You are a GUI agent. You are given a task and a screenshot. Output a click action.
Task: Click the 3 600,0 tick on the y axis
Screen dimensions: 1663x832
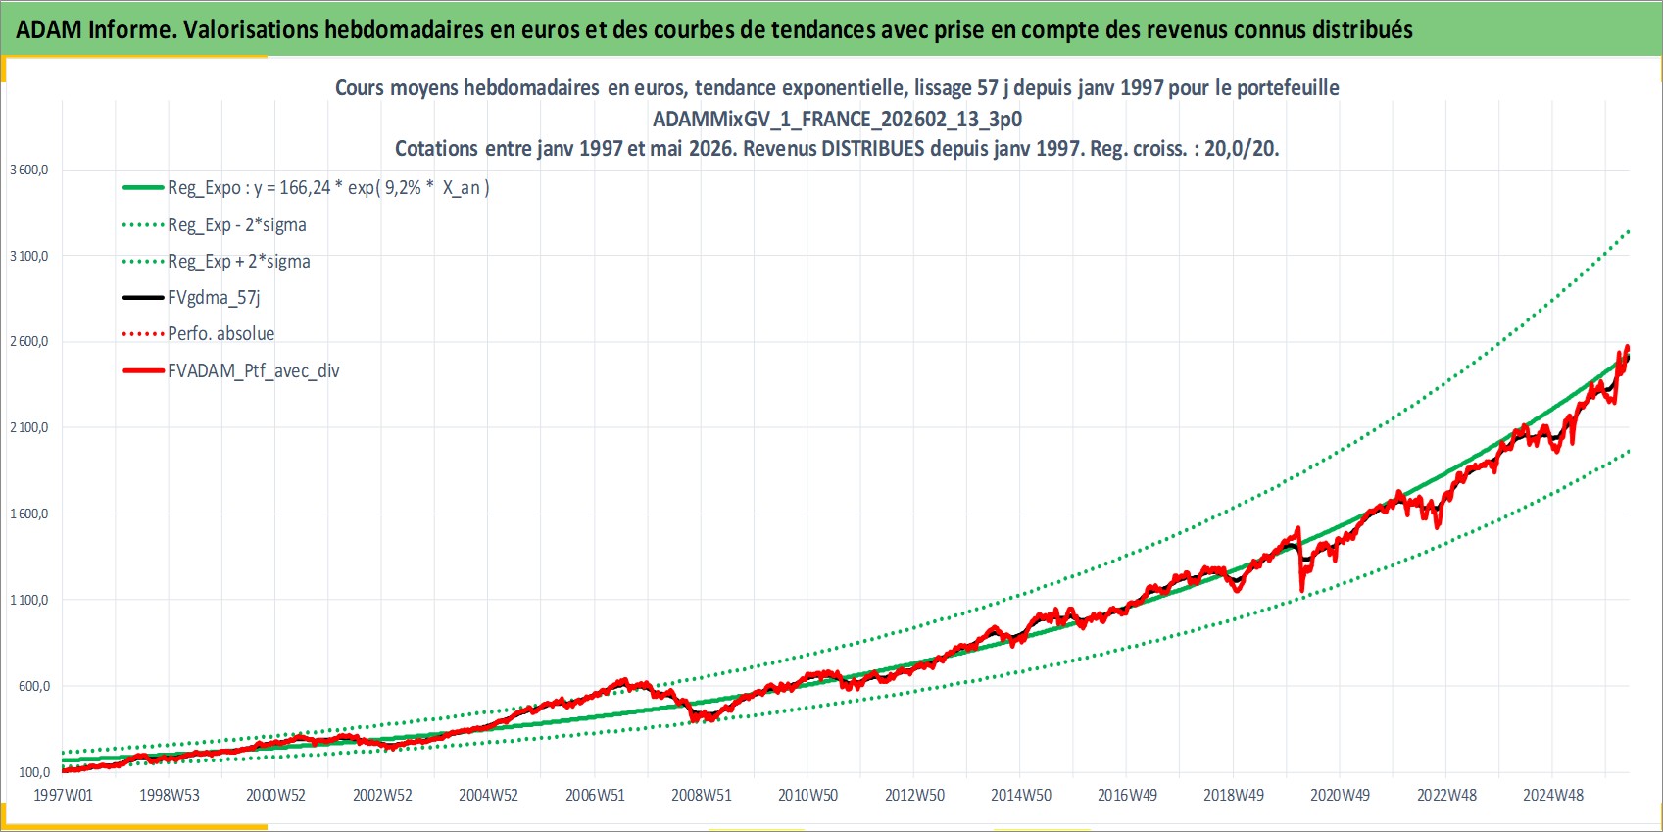coord(29,170)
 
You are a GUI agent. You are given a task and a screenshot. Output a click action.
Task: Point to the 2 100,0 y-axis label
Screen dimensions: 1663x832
coord(29,427)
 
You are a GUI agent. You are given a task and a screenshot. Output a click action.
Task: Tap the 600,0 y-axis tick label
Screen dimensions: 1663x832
coord(34,686)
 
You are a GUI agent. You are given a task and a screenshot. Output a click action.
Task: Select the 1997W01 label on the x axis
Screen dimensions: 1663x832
coord(63,795)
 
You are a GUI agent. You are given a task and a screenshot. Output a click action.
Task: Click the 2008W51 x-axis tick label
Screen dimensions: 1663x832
coord(702,795)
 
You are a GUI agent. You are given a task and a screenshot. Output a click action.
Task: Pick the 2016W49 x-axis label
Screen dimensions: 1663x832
coord(1127,795)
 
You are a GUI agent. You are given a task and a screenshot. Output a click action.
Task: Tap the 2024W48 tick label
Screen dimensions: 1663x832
coord(1553,795)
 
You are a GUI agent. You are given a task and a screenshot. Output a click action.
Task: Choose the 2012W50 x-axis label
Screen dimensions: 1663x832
coord(914,795)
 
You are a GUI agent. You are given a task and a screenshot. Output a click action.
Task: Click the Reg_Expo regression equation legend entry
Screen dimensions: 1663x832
coord(306,188)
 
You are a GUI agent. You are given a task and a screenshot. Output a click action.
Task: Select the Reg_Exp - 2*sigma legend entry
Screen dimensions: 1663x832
coord(215,224)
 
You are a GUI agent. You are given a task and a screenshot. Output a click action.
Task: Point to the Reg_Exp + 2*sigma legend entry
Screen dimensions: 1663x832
coord(216,262)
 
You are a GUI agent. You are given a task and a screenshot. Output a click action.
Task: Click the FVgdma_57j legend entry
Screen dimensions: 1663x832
coord(191,298)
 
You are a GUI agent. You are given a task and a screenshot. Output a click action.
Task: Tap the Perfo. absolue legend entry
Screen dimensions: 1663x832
coord(198,334)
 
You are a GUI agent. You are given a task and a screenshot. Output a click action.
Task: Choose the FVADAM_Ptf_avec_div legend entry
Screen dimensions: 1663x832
coord(231,370)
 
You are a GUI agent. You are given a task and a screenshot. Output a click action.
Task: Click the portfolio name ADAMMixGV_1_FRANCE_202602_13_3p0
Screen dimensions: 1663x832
coord(838,119)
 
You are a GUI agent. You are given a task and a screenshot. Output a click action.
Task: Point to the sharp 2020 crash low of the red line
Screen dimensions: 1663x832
coord(1302,591)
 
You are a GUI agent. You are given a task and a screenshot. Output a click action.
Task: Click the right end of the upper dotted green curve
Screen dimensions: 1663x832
coord(1629,231)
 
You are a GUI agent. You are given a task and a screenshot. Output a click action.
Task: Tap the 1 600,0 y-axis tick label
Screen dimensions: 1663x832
coord(29,514)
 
